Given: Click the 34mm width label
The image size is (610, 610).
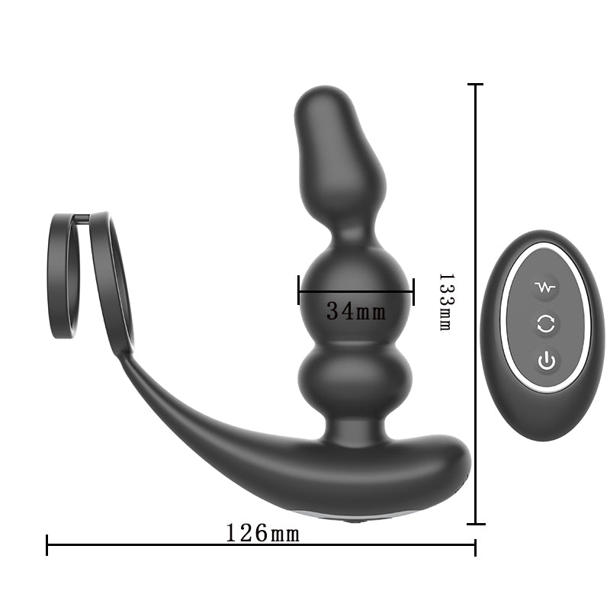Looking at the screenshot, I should tap(355, 311).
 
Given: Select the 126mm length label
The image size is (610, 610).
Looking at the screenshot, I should tap(263, 533).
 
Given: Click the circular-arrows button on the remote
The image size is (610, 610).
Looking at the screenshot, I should tap(546, 324).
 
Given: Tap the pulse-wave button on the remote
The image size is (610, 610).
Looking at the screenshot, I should tap(546, 287).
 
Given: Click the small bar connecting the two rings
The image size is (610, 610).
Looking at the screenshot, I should tap(83, 219).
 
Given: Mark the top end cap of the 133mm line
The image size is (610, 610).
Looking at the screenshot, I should tap(476, 85).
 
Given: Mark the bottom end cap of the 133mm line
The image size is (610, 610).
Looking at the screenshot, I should tap(476, 523).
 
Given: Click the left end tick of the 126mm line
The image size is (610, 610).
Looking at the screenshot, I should tap(47, 545).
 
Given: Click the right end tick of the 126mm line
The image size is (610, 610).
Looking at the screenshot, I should tap(475, 545).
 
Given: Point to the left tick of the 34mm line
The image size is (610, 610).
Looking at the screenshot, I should tap(299, 291).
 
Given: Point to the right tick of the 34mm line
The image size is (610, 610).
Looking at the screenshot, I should tap(413, 291).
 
